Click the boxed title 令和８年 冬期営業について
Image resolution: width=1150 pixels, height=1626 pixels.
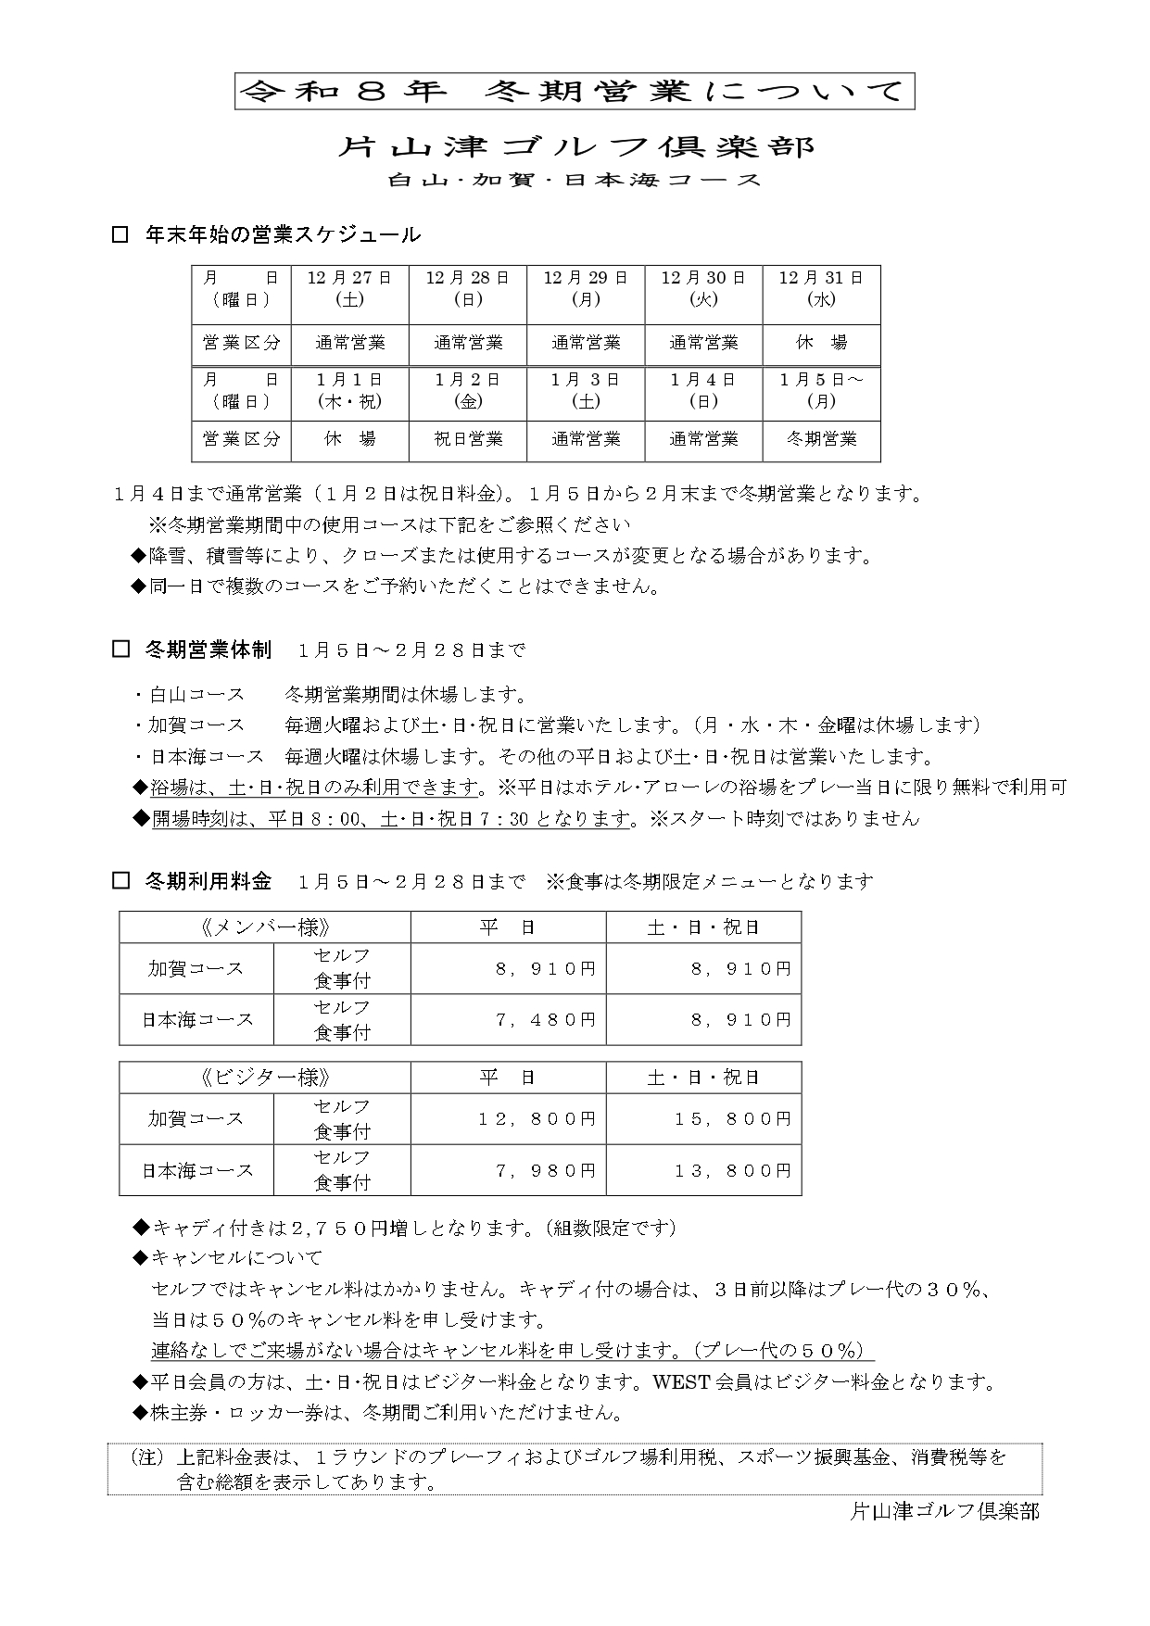[575, 91]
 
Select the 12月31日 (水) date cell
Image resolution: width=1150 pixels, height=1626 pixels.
[821, 288]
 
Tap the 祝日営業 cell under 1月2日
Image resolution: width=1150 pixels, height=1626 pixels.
[468, 438]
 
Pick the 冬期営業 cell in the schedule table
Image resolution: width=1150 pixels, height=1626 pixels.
[821, 438]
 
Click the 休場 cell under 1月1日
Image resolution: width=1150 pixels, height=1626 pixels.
[350, 438]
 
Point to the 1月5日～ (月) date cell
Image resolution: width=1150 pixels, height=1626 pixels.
[821, 390]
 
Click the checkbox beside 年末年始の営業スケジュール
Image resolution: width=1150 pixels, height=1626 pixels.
[120, 234]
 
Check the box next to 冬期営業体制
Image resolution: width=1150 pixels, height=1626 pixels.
[120, 649]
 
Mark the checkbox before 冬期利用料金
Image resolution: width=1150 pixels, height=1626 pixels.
[120, 881]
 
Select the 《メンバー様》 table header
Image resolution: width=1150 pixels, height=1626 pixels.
[265, 927]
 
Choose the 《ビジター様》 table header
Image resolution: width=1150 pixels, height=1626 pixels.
[265, 1078]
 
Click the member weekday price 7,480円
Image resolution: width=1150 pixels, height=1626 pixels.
[546, 1019]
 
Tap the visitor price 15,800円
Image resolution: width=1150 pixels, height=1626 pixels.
[732, 1119]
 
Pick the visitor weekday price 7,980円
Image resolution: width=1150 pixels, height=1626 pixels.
[546, 1170]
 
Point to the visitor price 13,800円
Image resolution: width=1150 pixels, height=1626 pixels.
[732, 1170]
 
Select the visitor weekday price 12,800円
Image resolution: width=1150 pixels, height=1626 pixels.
[537, 1119]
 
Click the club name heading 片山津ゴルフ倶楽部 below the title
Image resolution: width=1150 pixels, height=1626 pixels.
[575, 146]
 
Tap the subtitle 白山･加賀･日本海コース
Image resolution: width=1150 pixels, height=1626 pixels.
[575, 181]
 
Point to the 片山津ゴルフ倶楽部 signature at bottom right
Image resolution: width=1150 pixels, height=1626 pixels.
[944, 1511]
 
